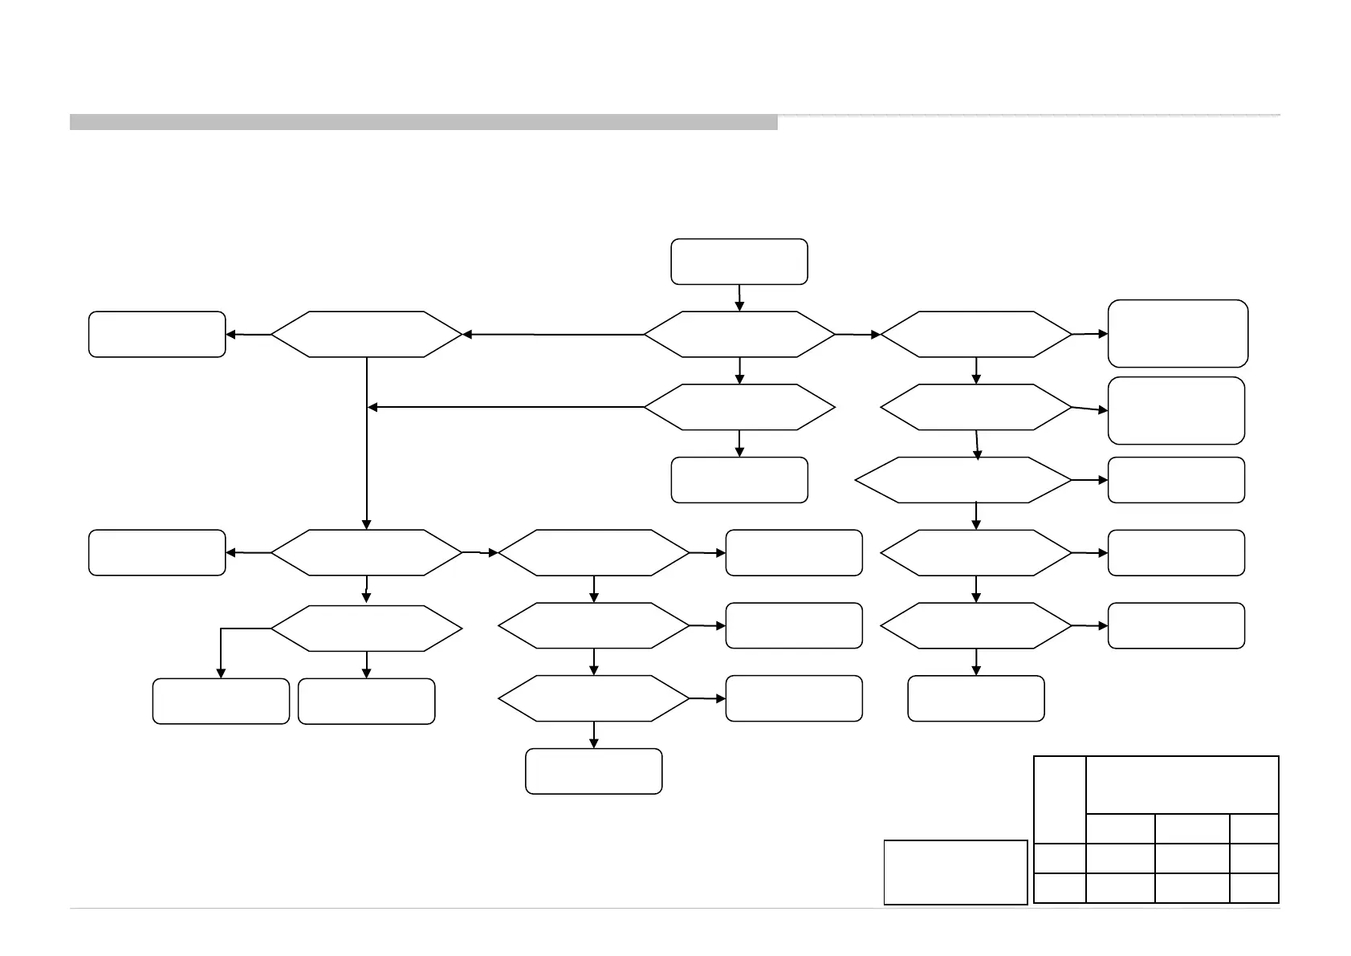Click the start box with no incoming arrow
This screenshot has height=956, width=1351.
click(x=739, y=261)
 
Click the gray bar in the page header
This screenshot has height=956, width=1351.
click(x=423, y=122)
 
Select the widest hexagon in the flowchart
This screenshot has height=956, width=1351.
click(x=963, y=480)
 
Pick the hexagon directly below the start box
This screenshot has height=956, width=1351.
click(x=739, y=334)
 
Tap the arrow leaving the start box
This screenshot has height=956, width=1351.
click(x=739, y=297)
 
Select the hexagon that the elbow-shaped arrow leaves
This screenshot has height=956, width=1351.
click(x=366, y=628)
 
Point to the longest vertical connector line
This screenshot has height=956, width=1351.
click(x=367, y=441)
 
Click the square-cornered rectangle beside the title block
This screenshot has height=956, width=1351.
click(x=955, y=872)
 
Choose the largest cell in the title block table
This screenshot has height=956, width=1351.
click(x=1182, y=784)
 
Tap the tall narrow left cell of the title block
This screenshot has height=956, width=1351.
click(x=1060, y=799)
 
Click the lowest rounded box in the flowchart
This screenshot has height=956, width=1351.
click(x=593, y=771)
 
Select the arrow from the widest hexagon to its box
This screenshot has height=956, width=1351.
click(x=1089, y=480)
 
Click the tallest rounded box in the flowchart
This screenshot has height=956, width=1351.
click(x=1178, y=333)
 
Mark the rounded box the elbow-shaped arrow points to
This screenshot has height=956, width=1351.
click(x=221, y=701)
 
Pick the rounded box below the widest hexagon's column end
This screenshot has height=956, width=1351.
click(x=976, y=698)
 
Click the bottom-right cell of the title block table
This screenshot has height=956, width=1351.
click(x=1254, y=888)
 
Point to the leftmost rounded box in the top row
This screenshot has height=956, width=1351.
click(x=157, y=334)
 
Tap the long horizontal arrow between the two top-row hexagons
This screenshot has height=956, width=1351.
click(x=554, y=334)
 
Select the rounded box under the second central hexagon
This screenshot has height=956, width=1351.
click(x=739, y=480)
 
